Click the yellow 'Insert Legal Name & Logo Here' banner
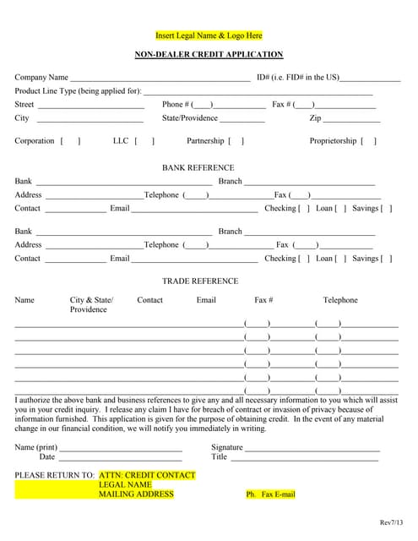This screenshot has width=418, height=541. [209, 36]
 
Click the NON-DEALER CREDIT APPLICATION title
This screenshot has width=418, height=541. [209, 54]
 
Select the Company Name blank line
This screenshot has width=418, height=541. [160, 79]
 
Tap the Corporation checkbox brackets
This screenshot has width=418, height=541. [71, 141]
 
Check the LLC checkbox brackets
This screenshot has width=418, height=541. [144, 141]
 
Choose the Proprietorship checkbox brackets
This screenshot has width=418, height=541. [369, 141]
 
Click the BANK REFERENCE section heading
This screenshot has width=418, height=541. [198, 167]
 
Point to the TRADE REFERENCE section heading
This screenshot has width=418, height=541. [200, 281]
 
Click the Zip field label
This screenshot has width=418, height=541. [316, 118]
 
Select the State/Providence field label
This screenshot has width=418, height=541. [190, 118]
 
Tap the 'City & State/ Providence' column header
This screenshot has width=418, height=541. [91, 304]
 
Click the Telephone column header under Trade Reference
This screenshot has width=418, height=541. [340, 300]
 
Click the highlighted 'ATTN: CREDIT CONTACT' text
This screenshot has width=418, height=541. [147, 476]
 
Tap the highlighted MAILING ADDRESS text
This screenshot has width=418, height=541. [136, 495]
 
